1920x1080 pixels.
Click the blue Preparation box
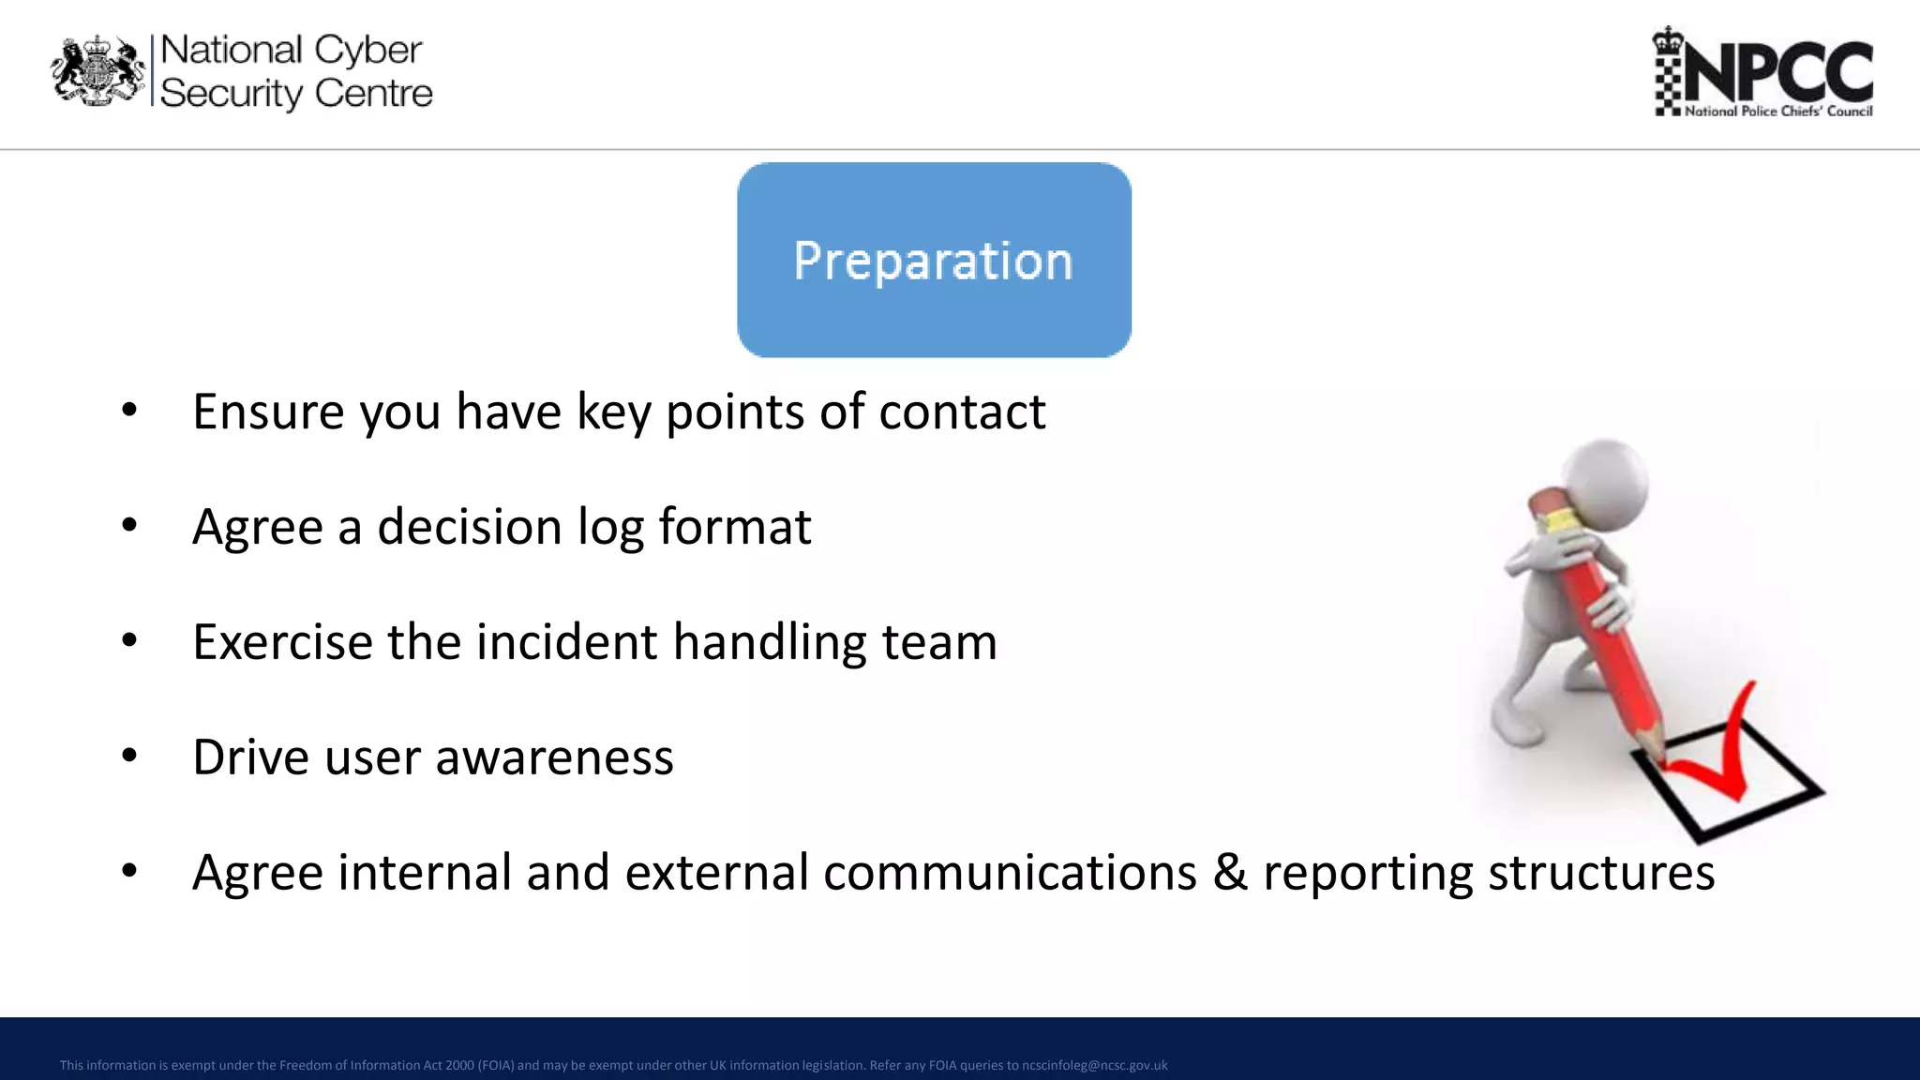coord(934,260)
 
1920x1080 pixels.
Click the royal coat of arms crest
coord(97,71)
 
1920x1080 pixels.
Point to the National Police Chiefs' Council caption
coord(1777,111)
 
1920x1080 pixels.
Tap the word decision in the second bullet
coord(469,527)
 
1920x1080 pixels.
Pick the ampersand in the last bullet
coord(1229,873)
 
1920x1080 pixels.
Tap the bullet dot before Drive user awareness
coord(129,756)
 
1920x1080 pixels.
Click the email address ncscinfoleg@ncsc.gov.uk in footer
coord(1094,1065)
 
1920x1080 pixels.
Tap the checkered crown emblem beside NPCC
coord(1668,71)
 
